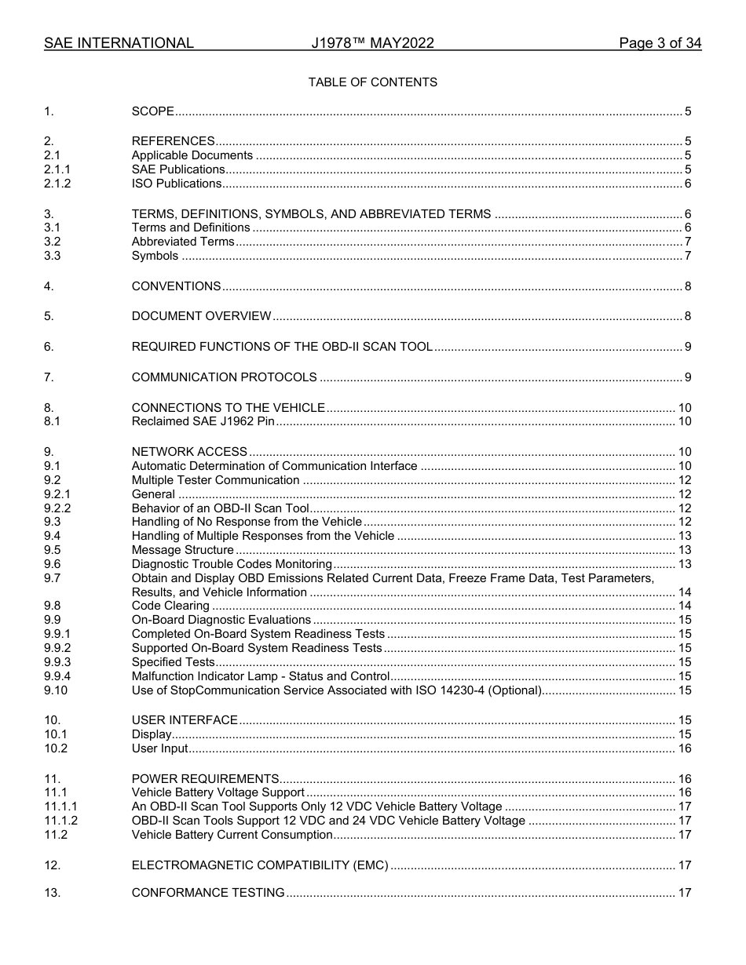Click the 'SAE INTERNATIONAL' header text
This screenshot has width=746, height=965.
119,43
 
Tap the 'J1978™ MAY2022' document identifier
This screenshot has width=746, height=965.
372,43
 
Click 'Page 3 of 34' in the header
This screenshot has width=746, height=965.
660,43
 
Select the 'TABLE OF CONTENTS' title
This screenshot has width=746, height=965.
372,82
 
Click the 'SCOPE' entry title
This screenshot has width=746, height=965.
152,111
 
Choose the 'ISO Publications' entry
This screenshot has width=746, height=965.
177,184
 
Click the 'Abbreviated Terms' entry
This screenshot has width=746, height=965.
182,242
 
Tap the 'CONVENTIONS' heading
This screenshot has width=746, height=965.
176,286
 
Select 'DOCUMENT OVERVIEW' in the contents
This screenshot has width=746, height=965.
201,316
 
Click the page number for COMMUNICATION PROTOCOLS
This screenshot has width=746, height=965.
687,377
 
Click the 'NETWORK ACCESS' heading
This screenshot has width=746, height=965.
189,452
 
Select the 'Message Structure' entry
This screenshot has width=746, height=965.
182,550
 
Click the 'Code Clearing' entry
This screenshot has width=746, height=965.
170,606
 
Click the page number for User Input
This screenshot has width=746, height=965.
684,748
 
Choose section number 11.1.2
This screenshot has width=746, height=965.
60,821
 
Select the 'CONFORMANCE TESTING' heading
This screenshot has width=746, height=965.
208,893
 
